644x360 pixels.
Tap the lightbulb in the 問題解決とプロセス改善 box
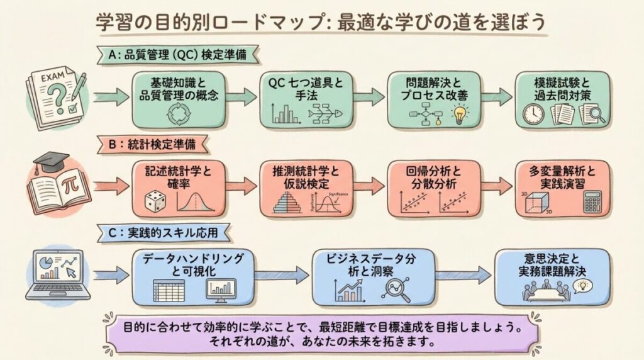(x=460, y=114)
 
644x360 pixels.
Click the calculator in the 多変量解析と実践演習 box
(x=593, y=202)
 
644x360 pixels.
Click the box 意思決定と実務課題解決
(x=552, y=278)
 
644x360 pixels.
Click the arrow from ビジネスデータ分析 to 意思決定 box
(x=463, y=274)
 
